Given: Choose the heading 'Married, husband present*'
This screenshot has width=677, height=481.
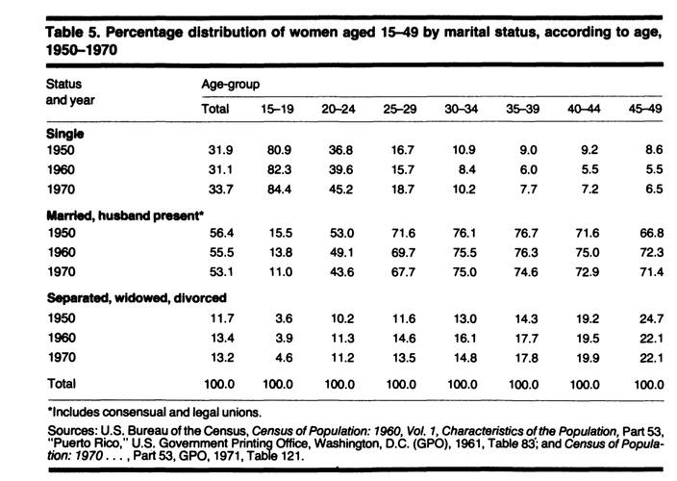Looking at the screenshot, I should click(x=125, y=215).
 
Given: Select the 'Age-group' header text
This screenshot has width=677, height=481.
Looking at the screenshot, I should click(x=229, y=85).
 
